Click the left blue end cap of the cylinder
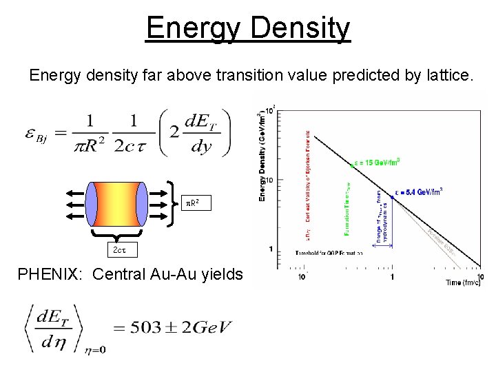coord(92,203)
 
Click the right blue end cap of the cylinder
coord(141,203)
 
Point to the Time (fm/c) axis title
coord(462,282)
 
